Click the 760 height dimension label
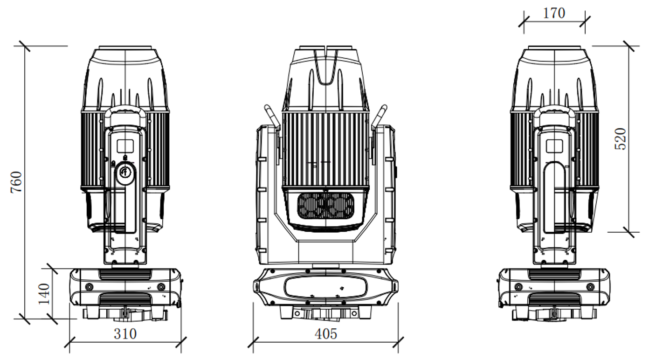click(x=16, y=182)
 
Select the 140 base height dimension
click(x=44, y=294)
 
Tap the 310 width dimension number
click(x=125, y=334)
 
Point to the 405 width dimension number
click(x=326, y=334)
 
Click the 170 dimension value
click(x=554, y=14)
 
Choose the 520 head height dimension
click(x=621, y=139)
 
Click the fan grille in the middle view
click(x=325, y=207)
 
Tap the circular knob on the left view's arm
click(x=125, y=173)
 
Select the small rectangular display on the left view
click(x=125, y=146)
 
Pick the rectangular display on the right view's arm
click(x=554, y=146)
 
